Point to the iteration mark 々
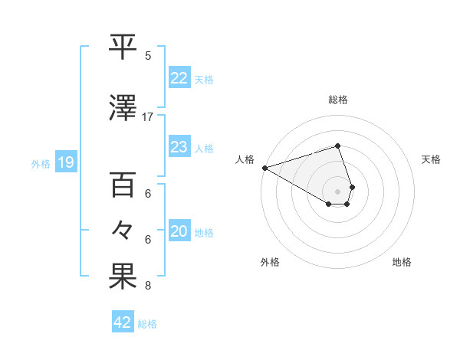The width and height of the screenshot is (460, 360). click(x=123, y=230)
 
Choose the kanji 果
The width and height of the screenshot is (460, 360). click(x=123, y=277)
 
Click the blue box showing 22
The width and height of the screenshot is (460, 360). click(x=179, y=77)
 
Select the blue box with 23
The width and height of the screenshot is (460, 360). click(x=179, y=147)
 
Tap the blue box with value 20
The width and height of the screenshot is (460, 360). click(x=179, y=232)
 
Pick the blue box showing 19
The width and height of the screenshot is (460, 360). click(x=65, y=162)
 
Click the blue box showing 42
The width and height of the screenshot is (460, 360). click(x=123, y=322)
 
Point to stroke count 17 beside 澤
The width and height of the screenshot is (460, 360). click(x=148, y=117)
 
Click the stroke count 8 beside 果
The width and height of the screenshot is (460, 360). click(x=148, y=286)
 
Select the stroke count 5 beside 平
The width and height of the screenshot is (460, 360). click(x=148, y=56)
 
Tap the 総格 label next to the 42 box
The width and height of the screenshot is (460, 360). click(x=147, y=324)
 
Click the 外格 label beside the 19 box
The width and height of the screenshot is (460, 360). click(x=40, y=163)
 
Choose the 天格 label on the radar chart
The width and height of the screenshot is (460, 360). click(x=432, y=159)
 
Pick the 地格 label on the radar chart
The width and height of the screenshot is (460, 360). click(x=402, y=262)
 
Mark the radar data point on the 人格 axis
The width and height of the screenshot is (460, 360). click(x=264, y=167)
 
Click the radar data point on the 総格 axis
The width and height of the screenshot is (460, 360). click(x=337, y=146)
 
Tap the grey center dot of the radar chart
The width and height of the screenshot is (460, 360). click(x=337, y=191)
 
